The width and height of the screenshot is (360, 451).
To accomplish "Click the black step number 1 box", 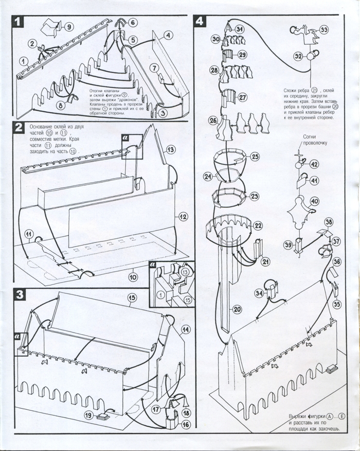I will pos(19,22).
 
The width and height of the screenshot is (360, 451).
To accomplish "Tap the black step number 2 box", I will pos(19,127).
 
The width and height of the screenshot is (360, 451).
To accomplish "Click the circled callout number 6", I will pos(133,23).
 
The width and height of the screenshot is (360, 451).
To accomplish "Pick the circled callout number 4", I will pos(169,36).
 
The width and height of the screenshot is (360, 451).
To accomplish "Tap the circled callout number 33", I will pos(324,30).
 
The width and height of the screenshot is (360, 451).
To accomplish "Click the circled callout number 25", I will pos(255,157).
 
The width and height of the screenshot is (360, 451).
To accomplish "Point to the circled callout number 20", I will pos(237,309).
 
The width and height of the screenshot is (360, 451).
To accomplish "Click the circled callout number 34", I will pos(259,293).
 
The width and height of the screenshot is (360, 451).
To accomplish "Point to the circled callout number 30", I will pos(216,39).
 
